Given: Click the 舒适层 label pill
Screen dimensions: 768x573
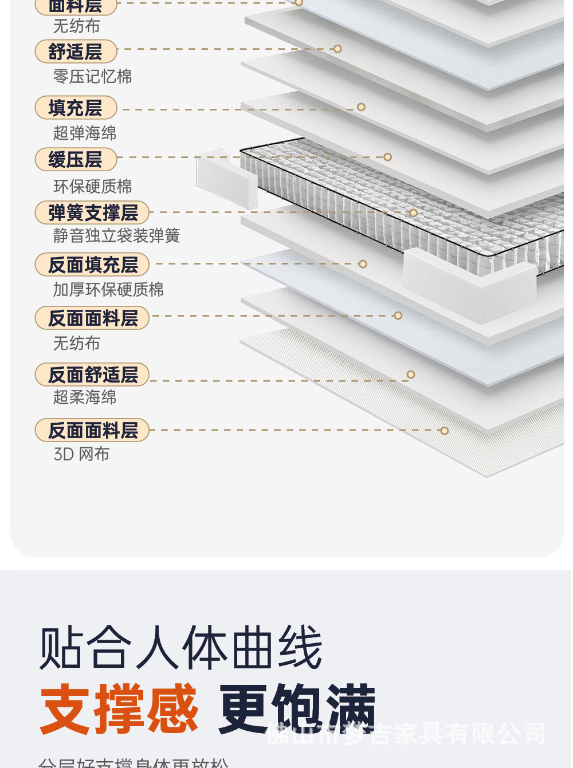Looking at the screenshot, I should point(76,52).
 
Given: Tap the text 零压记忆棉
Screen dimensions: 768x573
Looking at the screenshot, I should point(92,76).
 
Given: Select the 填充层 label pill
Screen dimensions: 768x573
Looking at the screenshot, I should point(76,108).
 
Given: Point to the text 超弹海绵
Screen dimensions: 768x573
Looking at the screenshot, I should point(85,133).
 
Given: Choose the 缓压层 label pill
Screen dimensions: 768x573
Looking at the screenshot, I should point(76,159).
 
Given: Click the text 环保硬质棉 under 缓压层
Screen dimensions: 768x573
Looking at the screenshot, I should point(92,186).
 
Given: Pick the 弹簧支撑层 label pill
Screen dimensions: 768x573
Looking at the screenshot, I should point(92,212).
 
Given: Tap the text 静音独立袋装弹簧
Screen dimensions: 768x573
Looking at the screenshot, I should point(116,235).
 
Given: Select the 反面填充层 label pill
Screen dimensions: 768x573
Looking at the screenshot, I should point(92,265).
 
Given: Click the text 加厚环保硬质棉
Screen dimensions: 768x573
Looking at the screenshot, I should point(108,289).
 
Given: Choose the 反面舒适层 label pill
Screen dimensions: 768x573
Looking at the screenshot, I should point(92,375).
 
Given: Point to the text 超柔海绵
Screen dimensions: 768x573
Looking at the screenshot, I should point(85,397).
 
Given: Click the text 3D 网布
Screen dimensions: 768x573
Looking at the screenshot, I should point(81,454).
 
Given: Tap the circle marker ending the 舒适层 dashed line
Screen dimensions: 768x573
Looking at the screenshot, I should point(337,49).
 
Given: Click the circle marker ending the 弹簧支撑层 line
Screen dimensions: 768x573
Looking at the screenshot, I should point(413,212).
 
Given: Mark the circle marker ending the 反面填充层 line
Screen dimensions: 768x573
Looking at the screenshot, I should point(363,264).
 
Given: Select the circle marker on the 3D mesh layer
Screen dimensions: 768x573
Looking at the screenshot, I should point(445,431).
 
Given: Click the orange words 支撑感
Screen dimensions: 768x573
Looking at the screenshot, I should point(119,709).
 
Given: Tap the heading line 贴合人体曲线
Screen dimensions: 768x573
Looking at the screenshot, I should point(180,648).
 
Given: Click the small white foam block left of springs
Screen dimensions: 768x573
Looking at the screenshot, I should point(227,178).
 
